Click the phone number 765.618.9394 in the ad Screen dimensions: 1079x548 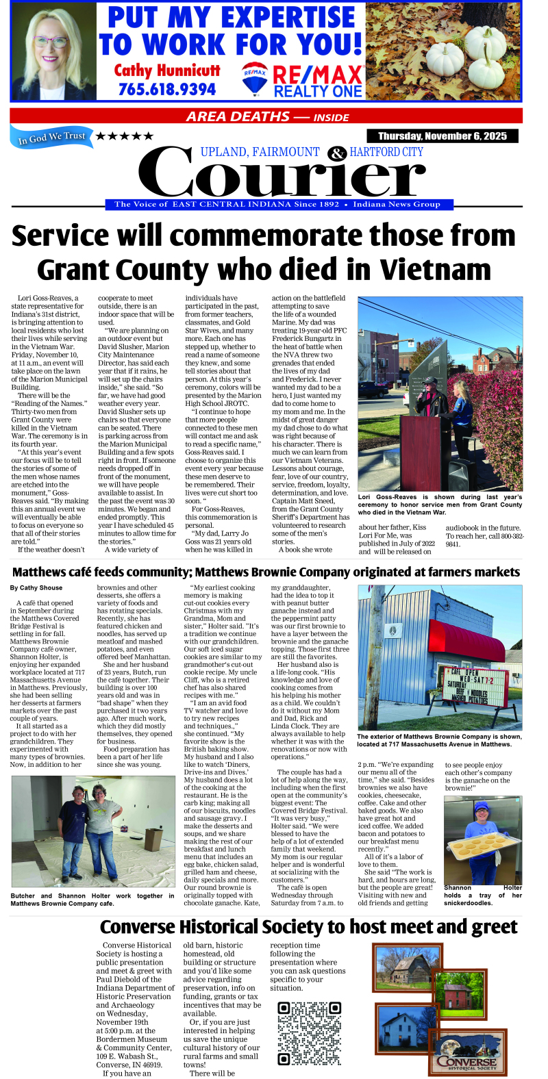click(166, 90)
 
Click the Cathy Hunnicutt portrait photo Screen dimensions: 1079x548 click(53, 52)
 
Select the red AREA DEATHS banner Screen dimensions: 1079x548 click(266, 116)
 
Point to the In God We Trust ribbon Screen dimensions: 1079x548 click(51, 138)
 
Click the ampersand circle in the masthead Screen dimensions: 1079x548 click(336, 153)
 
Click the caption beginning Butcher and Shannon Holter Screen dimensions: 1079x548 click(92, 899)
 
